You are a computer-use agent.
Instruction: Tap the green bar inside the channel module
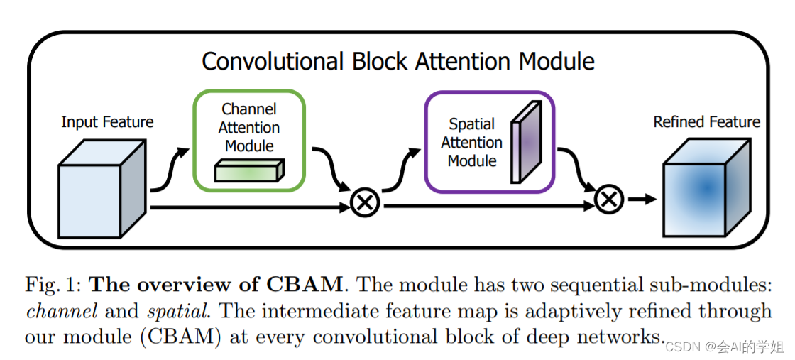[x=249, y=171]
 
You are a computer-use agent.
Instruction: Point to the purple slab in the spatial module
[x=526, y=141]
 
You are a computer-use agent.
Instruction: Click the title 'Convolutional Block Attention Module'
[x=397, y=61]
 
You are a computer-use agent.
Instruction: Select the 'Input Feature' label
[x=107, y=121]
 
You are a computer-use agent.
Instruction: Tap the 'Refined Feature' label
[x=706, y=122]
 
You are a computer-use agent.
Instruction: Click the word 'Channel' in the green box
[x=249, y=109]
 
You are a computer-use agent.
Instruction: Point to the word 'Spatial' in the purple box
[x=471, y=124]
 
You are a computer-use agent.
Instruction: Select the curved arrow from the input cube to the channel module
[x=170, y=170]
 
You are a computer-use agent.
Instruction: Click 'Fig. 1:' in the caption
[x=54, y=285]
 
